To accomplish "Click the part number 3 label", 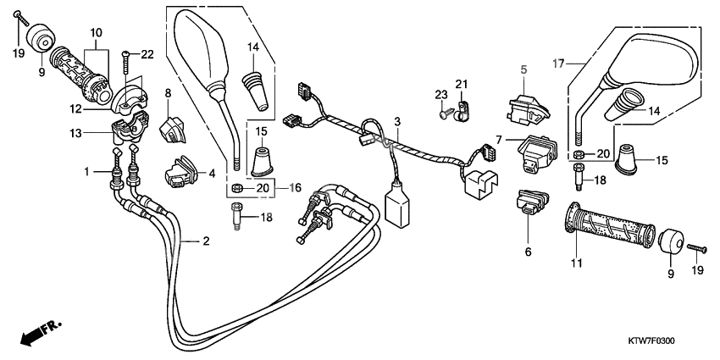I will (396, 123).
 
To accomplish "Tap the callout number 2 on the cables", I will (205, 241).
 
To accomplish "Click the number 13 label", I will (77, 132).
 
